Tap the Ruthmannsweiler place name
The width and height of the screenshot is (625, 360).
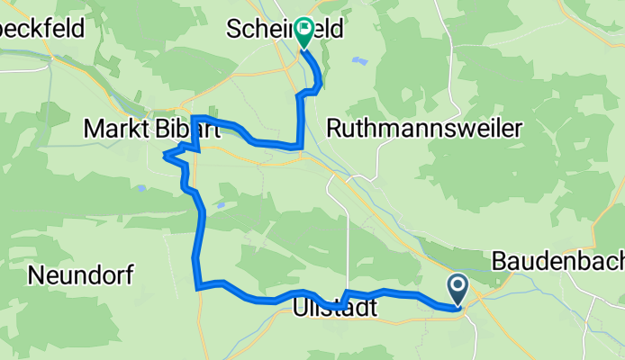[x=424, y=130]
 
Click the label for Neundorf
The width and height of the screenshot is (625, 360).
[x=76, y=275]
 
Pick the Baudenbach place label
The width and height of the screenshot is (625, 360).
[x=558, y=262]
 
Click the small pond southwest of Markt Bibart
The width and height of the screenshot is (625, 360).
[x=140, y=189]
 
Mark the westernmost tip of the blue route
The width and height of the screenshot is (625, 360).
[x=164, y=157]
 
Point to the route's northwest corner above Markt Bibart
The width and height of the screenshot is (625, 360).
[x=193, y=118]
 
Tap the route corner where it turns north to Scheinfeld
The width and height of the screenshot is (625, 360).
[x=301, y=145]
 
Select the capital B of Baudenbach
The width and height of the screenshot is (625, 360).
[x=502, y=262]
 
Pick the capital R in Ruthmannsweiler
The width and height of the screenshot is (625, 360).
[x=334, y=130]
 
